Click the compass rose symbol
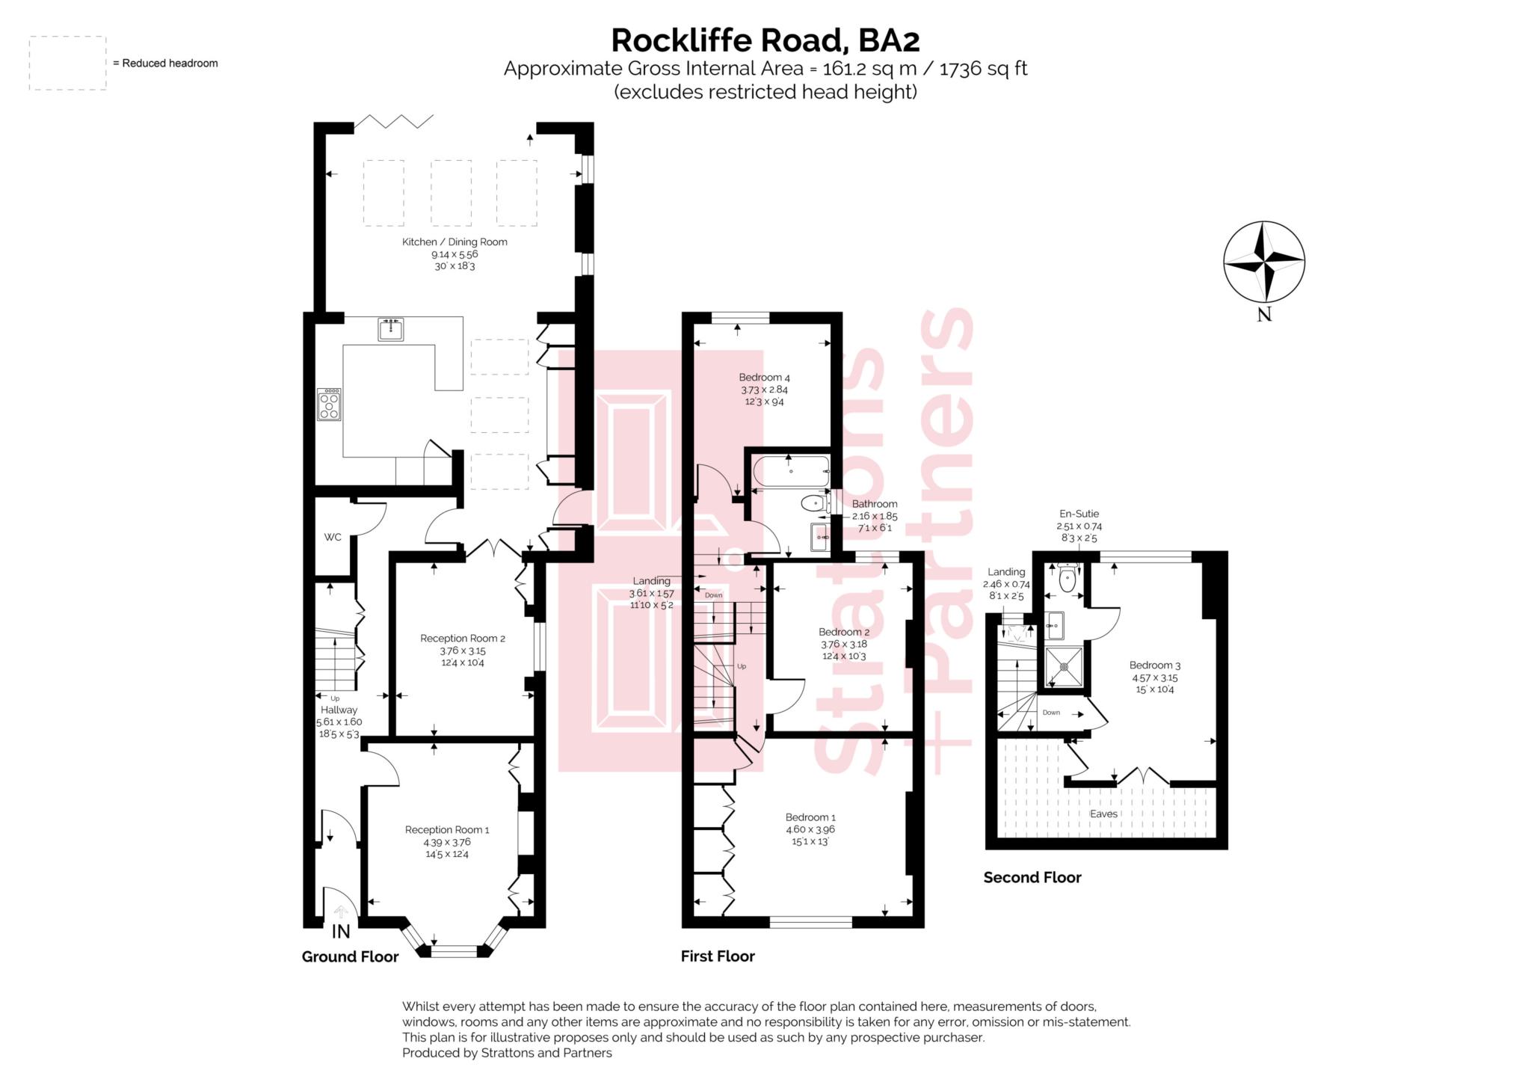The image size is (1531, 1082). coord(1263,262)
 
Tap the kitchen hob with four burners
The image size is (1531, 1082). coord(329,404)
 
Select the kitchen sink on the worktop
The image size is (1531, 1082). coord(390,329)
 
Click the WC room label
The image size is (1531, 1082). coord(333,537)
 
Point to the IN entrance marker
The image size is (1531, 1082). coord(341,931)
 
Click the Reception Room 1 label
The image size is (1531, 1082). coord(447,829)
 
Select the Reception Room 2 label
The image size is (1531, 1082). coord(463,638)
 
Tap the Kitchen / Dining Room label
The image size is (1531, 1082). coord(455,242)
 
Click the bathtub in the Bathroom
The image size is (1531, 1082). coord(791,471)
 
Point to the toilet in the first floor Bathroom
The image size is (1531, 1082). coord(813,504)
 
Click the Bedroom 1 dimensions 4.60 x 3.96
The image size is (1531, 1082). coord(810,829)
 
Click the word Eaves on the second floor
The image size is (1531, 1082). coord(1103,814)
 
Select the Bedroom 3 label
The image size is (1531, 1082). coord(1155,665)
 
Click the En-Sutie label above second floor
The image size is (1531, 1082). coord(1079,514)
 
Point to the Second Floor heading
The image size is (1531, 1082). coord(1032,877)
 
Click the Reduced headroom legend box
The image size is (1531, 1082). coord(67,64)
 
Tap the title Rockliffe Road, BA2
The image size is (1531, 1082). coord(765,40)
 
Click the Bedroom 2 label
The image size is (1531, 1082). coord(844,632)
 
